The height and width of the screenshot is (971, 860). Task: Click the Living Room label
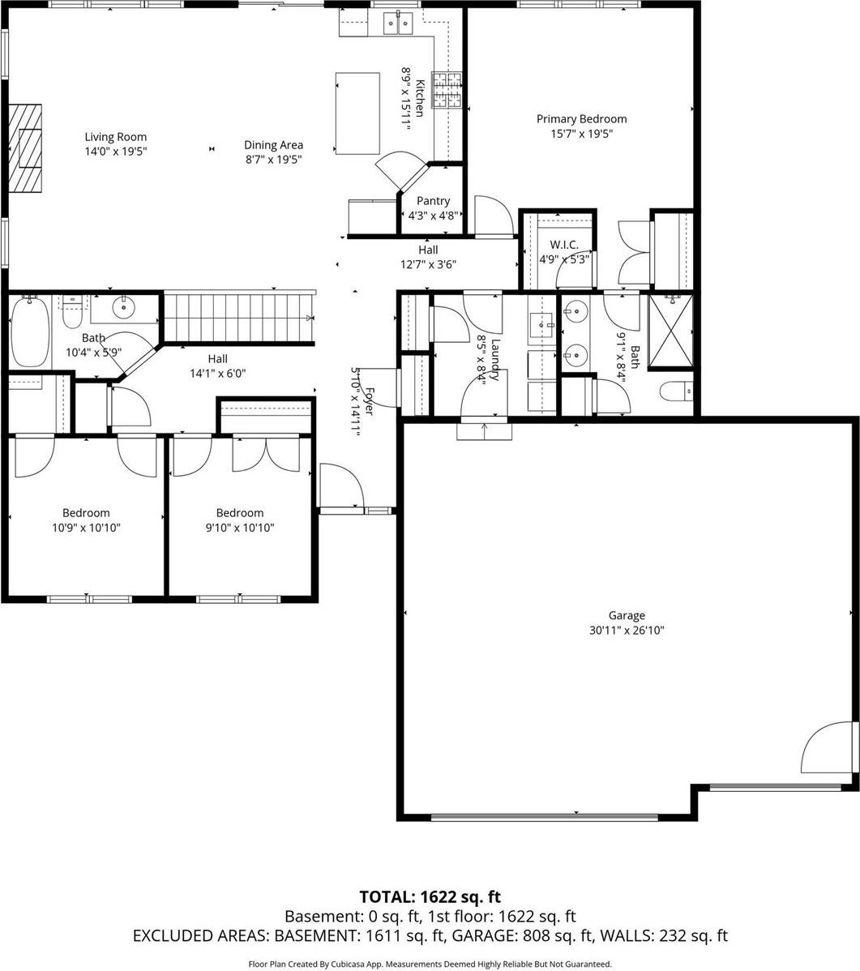coord(117,137)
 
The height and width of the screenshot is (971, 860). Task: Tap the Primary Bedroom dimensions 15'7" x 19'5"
coord(580,134)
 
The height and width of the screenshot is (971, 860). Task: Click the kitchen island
coord(357,113)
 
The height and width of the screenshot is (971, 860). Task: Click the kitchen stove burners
coord(448,90)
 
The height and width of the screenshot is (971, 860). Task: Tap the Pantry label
coord(433,201)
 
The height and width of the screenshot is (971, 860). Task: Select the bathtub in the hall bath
coord(29,333)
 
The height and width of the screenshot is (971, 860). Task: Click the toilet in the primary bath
coord(676,392)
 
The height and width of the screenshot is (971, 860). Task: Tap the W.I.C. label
coord(563,245)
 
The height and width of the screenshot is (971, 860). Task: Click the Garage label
coord(627,615)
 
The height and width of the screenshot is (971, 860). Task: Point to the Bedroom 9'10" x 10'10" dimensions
coord(239,528)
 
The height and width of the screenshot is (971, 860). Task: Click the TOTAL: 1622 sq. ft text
coord(430,896)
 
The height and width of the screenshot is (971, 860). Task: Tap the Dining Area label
coord(273,145)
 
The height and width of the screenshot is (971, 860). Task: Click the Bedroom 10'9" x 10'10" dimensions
coord(86,528)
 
